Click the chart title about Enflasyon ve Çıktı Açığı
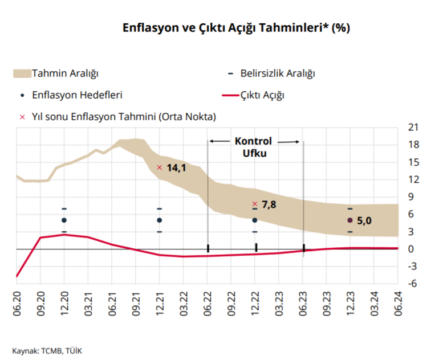click(236, 28)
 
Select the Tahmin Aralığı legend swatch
click(22, 73)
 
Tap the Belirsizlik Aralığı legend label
click(278, 73)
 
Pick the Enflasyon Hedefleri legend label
click(78, 95)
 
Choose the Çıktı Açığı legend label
click(263, 95)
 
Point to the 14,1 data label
click(176, 168)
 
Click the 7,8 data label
click(269, 204)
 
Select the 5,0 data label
click(364, 220)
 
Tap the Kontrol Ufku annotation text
click(254, 147)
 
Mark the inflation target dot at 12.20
click(64, 220)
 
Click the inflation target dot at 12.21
click(159, 220)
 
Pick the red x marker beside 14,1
click(160, 167)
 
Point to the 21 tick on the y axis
click(413, 127)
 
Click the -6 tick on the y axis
click(413, 284)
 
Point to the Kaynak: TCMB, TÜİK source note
click(47, 350)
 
